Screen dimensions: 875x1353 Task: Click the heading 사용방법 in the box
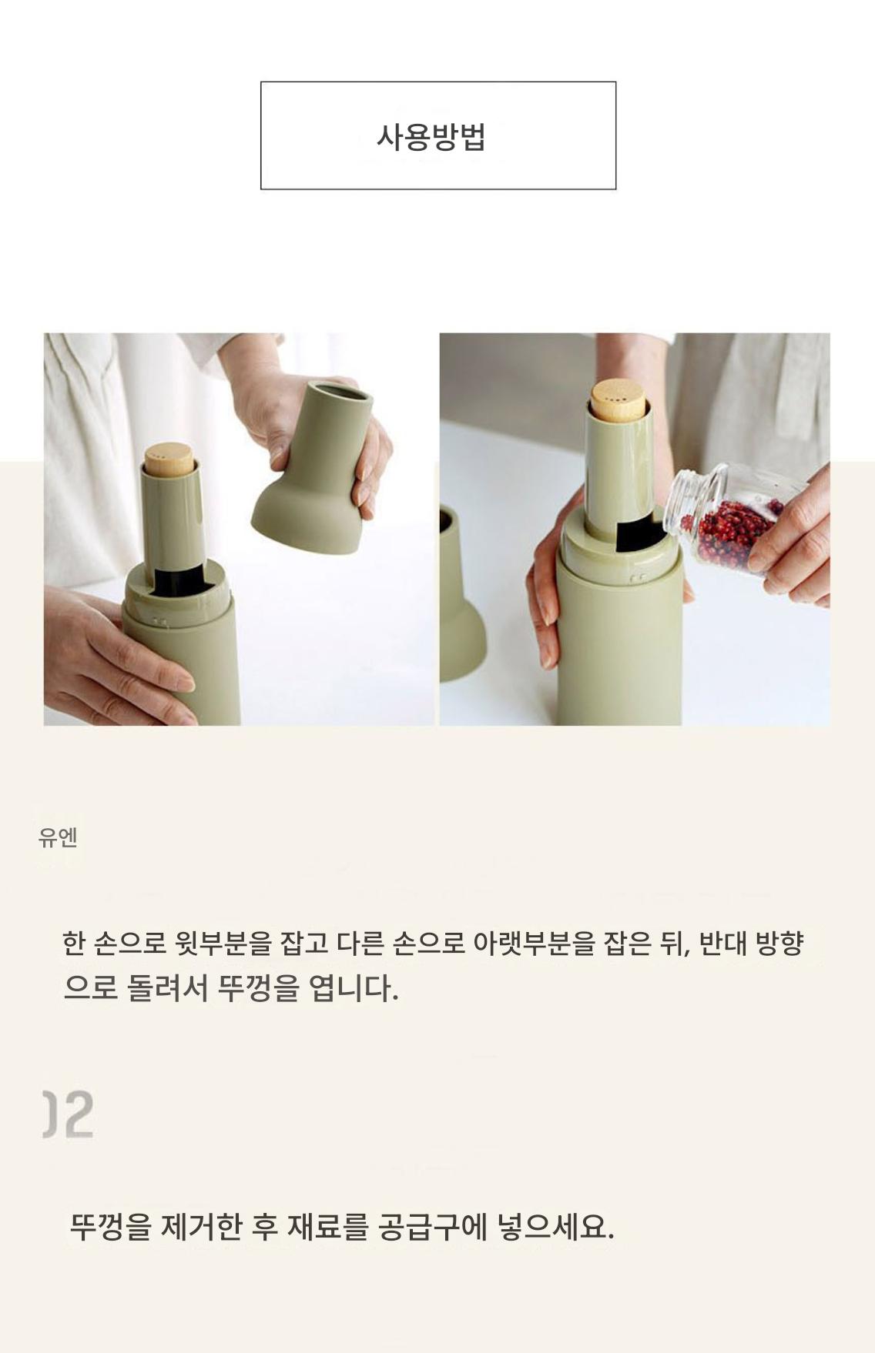click(x=431, y=137)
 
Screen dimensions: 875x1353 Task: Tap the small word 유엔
click(x=58, y=837)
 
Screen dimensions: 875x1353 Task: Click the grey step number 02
click(x=68, y=1114)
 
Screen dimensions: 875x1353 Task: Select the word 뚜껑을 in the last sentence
click(x=111, y=1225)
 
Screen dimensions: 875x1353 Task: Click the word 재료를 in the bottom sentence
click(x=327, y=1225)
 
